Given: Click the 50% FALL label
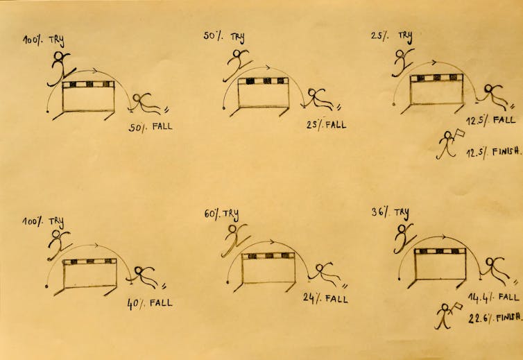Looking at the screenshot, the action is click(x=151, y=127).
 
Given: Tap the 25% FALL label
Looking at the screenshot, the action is click(x=326, y=125).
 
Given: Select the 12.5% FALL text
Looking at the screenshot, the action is click(x=490, y=120).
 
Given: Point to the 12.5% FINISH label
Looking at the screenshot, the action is click(x=493, y=152).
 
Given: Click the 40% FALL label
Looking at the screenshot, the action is click(x=150, y=303).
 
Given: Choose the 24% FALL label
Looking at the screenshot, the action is click(x=325, y=298).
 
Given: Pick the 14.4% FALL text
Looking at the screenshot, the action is click(x=494, y=298).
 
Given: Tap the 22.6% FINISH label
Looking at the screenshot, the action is click(x=495, y=318).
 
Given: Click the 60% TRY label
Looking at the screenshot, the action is click(x=221, y=214).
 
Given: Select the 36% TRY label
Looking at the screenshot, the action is click(x=390, y=213).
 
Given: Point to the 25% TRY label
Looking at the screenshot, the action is click(x=392, y=36).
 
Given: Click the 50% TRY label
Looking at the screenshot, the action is click(x=224, y=36).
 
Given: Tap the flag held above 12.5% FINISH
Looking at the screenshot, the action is click(x=459, y=134).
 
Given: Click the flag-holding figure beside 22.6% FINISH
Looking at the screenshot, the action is click(x=445, y=316).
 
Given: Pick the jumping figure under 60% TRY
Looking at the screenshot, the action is click(x=235, y=239).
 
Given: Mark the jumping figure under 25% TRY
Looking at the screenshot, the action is click(x=402, y=62).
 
